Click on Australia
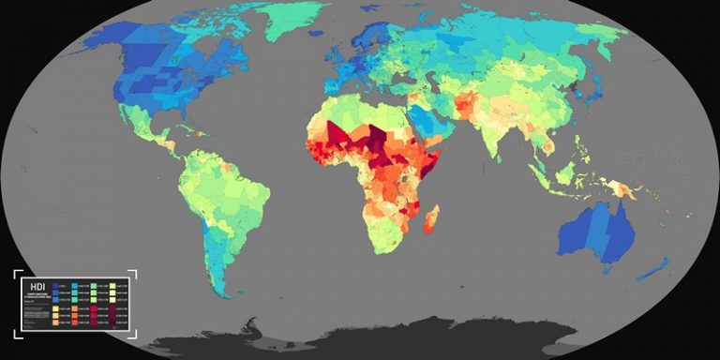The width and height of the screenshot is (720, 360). pos(600,232)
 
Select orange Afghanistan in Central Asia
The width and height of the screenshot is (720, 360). pos(466,102)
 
